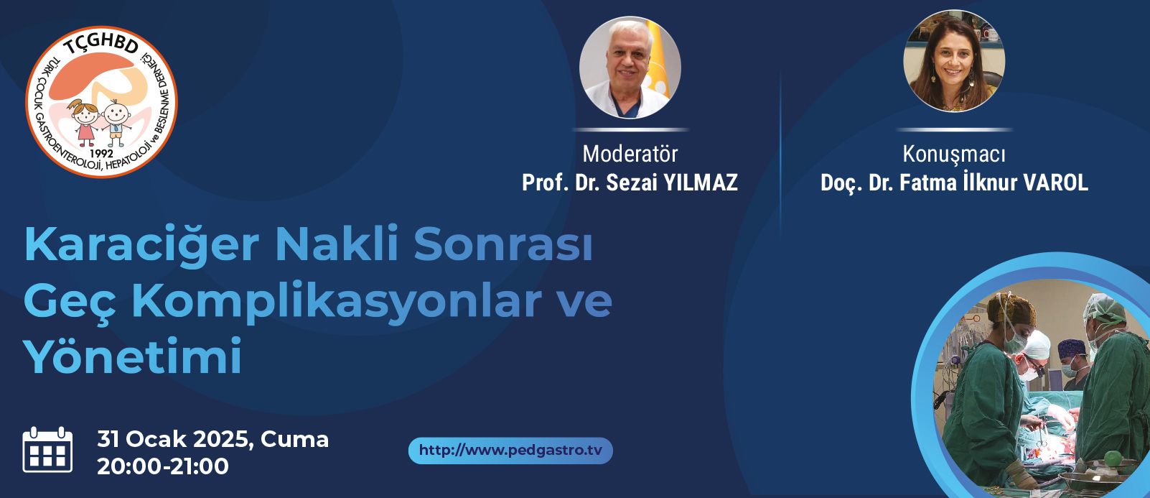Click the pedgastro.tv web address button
[510, 451]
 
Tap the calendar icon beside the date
[47, 450]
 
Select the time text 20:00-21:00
[163, 466]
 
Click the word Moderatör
[630, 154]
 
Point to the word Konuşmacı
[954, 155]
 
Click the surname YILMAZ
[701, 183]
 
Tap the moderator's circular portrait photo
[630, 68]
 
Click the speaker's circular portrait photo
[954, 60]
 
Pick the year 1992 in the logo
[101, 153]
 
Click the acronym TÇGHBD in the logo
[100, 45]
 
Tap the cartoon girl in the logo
[85, 122]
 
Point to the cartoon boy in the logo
[116, 124]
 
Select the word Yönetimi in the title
[132, 356]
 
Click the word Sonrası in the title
[503, 244]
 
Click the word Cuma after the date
[294, 439]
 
